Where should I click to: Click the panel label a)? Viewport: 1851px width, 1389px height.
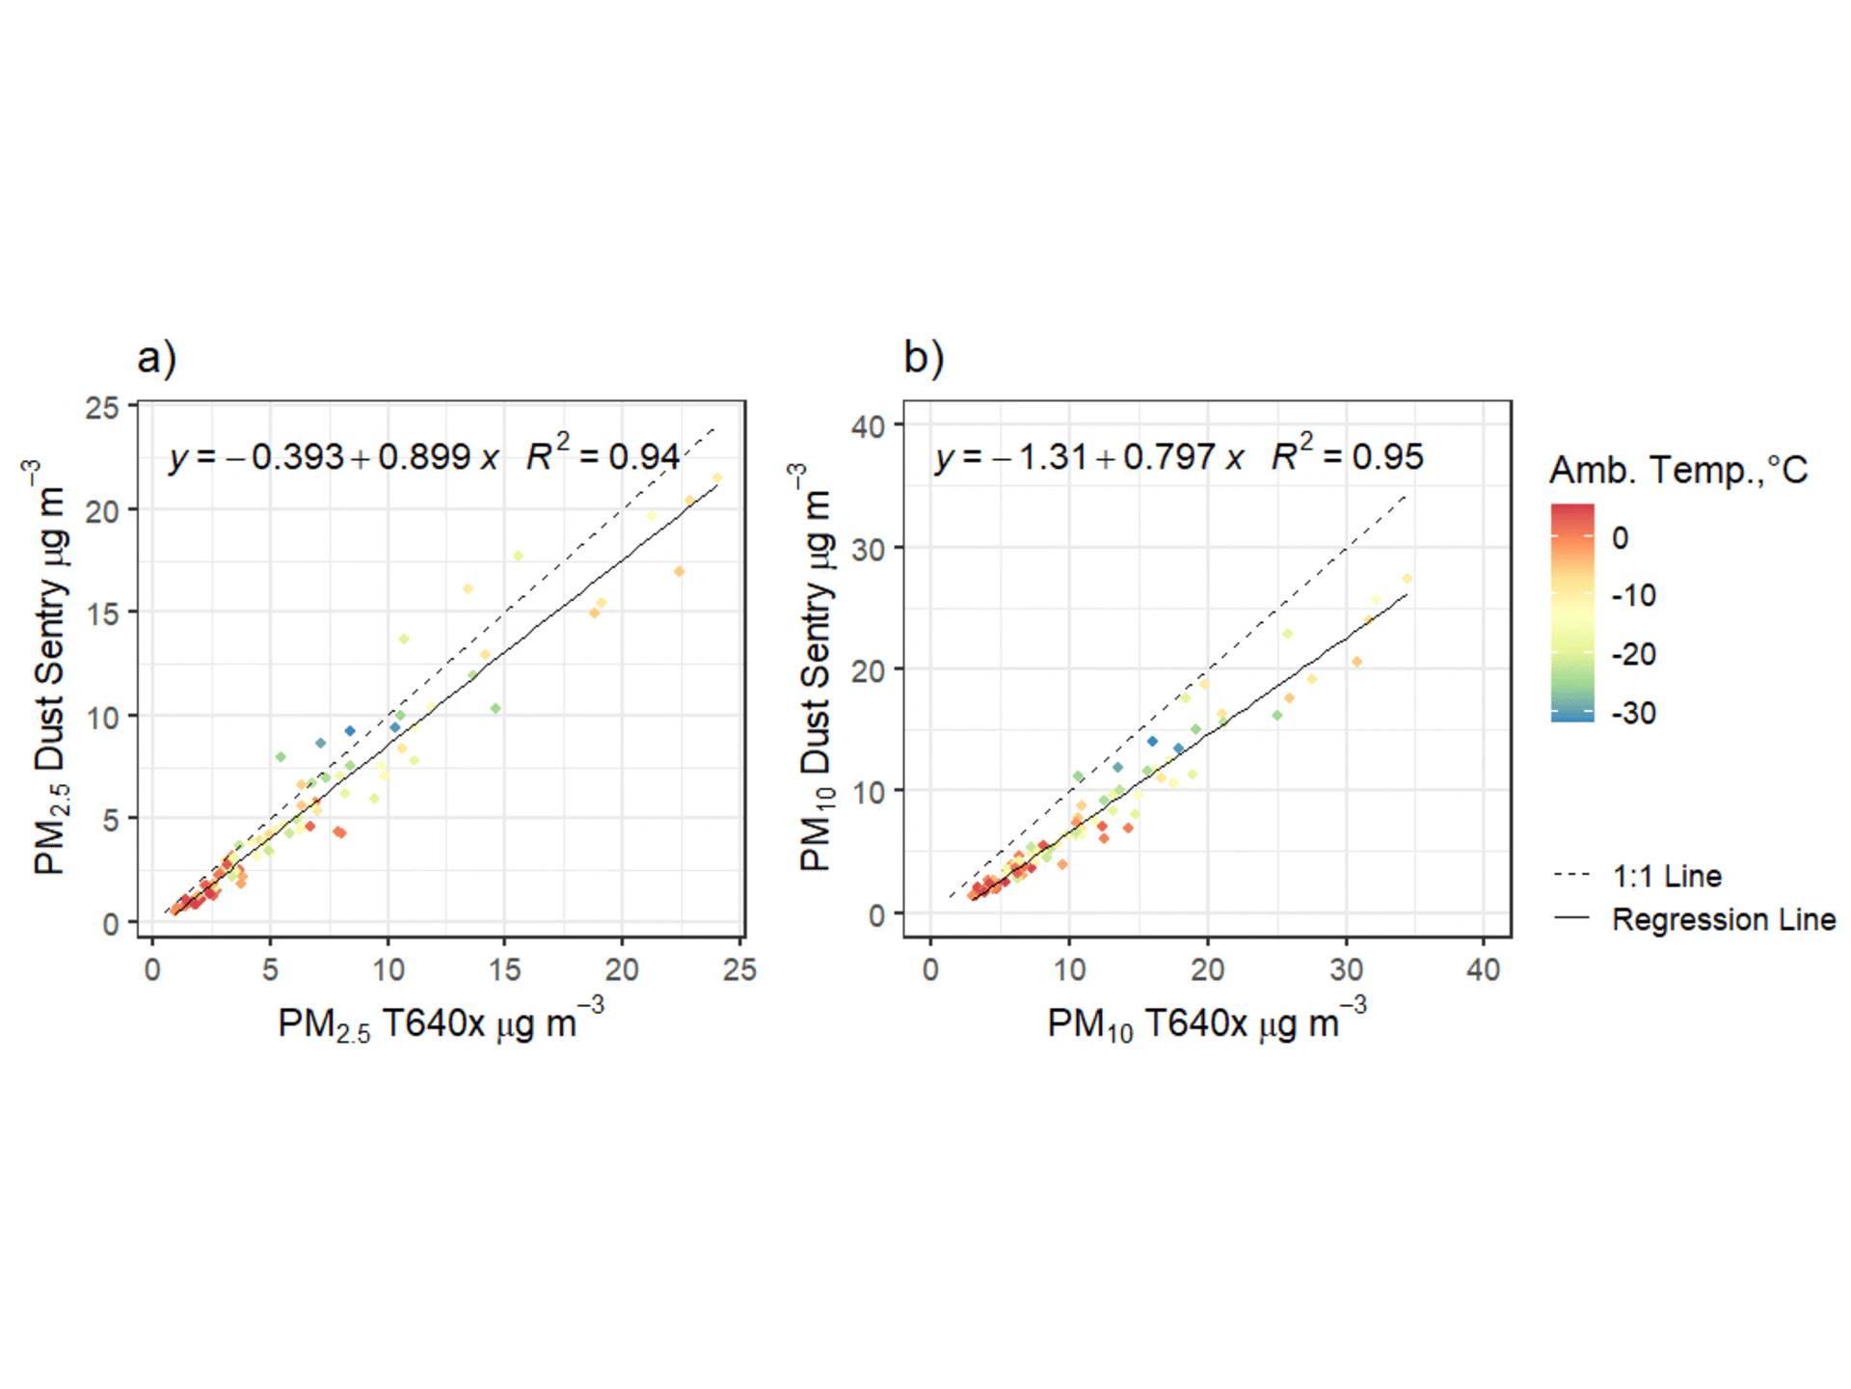point(156,358)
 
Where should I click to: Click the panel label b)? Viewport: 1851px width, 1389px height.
point(924,358)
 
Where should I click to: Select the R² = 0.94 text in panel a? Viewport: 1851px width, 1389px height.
point(603,454)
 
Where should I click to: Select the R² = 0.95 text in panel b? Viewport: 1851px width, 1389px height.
point(1347,454)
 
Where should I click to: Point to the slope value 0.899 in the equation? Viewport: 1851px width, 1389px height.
point(423,457)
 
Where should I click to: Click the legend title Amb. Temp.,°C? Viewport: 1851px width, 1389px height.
point(1677,471)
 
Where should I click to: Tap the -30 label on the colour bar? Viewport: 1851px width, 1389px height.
point(1633,714)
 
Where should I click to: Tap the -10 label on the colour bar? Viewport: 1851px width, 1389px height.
point(1633,595)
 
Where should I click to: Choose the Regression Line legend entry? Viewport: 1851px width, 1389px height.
point(1723,919)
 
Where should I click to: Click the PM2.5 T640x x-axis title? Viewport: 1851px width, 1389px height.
point(441,1023)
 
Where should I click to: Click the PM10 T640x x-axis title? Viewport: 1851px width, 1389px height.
point(1206,1023)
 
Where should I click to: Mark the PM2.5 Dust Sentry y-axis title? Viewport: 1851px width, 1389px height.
point(50,667)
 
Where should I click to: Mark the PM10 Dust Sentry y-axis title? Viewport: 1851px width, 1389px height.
point(816,667)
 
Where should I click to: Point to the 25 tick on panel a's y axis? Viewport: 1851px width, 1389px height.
point(102,408)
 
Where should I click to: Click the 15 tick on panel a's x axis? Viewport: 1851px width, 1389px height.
point(504,969)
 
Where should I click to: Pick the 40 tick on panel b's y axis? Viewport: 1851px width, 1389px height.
point(869,426)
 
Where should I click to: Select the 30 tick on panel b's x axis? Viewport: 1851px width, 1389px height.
point(1346,969)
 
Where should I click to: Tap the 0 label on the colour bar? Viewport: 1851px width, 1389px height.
point(1620,538)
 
